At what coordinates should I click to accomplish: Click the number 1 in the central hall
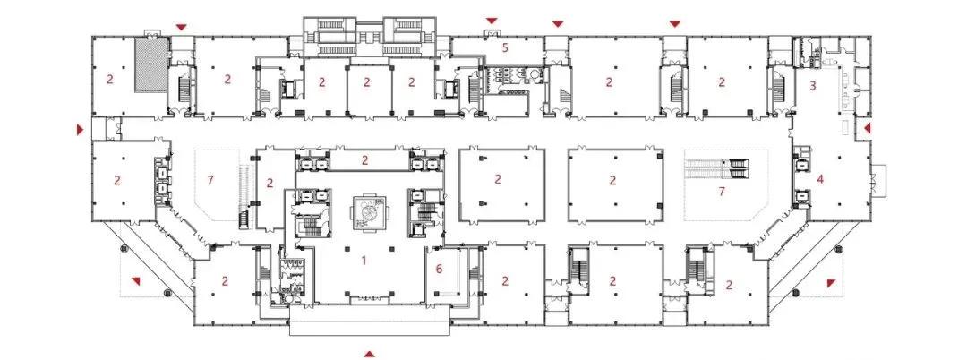[364, 260]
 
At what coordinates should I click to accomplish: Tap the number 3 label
[813, 86]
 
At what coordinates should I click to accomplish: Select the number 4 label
[820, 179]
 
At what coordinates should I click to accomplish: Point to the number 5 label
[504, 47]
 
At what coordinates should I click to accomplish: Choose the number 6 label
[439, 268]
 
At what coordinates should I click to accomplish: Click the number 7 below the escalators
[722, 191]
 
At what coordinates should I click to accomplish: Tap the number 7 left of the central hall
[210, 180]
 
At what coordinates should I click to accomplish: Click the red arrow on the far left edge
[80, 130]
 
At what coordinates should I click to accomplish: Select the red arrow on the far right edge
[867, 128]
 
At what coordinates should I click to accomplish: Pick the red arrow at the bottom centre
[369, 354]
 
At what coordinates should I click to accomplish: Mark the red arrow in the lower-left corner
[136, 281]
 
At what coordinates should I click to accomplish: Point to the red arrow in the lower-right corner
[831, 282]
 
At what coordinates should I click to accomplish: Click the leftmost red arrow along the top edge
[181, 27]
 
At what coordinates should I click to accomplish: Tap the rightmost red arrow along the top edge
[675, 24]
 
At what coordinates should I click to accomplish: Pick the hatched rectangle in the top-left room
[151, 65]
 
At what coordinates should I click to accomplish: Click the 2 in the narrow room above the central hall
[364, 160]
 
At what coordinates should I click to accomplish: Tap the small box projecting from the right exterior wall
[879, 180]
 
